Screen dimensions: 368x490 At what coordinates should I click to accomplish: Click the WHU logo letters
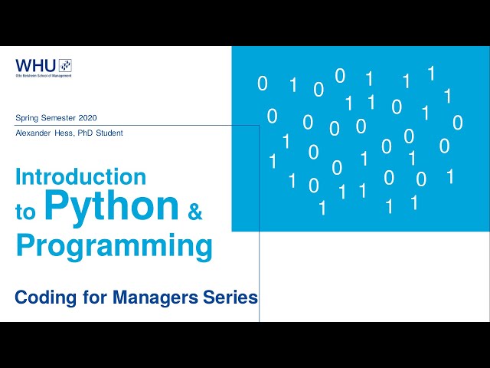(36, 65)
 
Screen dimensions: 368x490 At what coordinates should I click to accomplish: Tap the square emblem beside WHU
(65, 65)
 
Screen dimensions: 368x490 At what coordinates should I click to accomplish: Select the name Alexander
(34, 133)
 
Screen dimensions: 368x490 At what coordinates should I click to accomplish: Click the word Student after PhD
(110, 133)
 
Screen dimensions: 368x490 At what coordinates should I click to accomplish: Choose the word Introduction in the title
(80, 177)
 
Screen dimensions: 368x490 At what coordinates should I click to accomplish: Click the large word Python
(111, 206)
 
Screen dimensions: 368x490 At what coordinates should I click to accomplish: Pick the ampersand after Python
(195, 212)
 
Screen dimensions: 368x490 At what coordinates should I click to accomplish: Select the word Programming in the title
(114, 247)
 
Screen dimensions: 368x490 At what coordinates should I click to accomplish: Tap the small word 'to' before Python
(25, 212)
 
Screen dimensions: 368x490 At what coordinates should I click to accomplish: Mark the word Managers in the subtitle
(158, 297)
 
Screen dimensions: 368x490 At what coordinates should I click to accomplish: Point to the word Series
(233, 297)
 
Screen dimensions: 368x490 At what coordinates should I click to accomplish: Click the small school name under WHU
(44, 75)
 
